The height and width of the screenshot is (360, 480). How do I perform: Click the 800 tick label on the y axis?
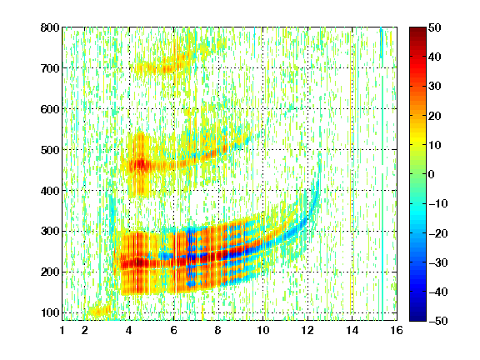[x=50, y=27]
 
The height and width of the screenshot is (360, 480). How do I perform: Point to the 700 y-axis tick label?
[x=50, y=68]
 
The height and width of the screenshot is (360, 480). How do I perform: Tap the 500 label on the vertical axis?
[x=50, y=150]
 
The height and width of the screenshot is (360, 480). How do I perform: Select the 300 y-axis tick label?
[x=50, y=232]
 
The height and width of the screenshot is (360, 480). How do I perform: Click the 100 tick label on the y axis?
[x=50, y=312]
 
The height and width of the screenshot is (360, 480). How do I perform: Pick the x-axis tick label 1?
[x=62, y=330]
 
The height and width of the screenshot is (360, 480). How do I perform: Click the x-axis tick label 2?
[x=84, y=330]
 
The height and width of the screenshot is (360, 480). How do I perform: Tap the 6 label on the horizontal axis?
[x=174, y=330]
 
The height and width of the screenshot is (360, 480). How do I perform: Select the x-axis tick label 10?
[x=263, y=330]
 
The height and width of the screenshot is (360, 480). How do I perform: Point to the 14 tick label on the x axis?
[x=352, y=330]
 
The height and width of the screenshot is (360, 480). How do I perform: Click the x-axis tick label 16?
[x=397, y=330]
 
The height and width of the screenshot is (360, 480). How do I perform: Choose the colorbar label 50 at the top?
[x=435, y=27]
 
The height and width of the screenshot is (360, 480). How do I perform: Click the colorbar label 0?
[x=432, y=174]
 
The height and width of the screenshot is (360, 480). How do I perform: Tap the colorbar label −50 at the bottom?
[x=438, y=321]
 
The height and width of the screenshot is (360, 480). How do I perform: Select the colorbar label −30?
[x=438, y=262]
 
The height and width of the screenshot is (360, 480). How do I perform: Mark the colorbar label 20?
[x=435, y=116]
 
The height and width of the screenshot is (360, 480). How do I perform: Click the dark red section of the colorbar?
[x=417, y=37]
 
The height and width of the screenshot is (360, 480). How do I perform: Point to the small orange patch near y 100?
[x=97, y=312]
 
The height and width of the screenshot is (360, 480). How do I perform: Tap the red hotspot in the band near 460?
[x=142, y=165]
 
